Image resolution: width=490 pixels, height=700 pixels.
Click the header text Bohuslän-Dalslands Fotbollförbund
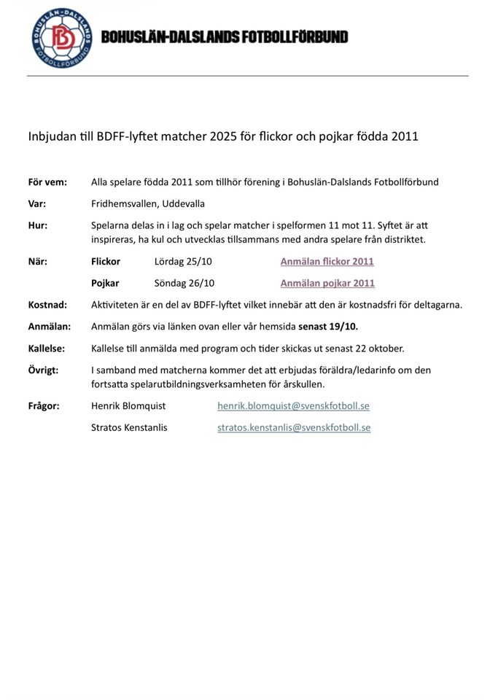coord(225,37)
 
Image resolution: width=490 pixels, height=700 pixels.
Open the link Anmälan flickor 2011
coord(327,261)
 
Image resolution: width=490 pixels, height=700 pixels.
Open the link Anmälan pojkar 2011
coord(327,283)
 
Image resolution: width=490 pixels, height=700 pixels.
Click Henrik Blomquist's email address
coord(293,405)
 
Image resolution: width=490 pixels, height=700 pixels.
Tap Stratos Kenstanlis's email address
coord(294,427)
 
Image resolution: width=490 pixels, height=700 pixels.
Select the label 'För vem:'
coord(47,182)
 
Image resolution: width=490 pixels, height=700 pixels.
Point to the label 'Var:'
coord(37,203)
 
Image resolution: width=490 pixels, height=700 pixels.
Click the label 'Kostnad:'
coord(47,305)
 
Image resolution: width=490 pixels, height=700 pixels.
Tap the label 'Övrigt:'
coord(43,370)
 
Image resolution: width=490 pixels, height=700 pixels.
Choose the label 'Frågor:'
coord(44,405)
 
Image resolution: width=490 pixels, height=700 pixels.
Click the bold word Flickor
coord(106,261)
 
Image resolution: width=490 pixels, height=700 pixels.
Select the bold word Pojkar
coord(105,283)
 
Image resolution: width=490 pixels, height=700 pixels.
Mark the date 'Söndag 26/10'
coord(184,283)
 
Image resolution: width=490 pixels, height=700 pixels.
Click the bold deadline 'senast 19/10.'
coord(328,327)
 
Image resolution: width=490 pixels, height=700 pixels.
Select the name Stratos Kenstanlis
coord(129,427)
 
